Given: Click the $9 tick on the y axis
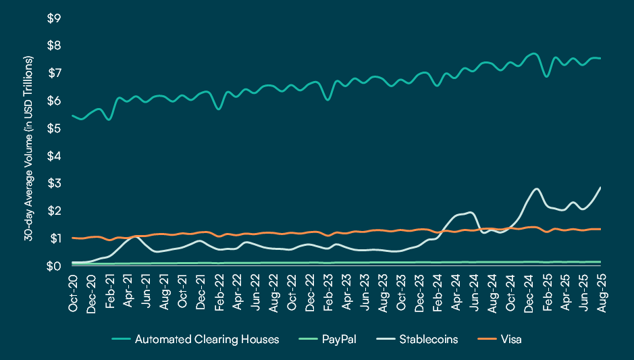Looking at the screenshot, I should point(53,18).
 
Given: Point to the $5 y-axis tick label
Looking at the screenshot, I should point(53,128).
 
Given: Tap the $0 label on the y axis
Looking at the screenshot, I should point(53,266).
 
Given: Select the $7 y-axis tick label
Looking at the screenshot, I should point(53,73).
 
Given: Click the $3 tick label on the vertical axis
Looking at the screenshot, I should point(53,184).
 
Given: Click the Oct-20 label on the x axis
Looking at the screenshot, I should point(72,293).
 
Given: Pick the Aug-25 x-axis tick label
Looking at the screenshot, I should point(600,293).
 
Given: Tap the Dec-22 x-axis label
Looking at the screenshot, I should point(309,293).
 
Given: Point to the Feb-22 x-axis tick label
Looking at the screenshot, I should point(218,293).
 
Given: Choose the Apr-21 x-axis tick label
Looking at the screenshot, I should point(127,293).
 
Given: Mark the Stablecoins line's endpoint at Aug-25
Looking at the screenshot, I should point(600,187).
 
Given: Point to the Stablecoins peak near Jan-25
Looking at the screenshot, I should point(536,188).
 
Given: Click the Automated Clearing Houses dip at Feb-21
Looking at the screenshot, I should point(109,120).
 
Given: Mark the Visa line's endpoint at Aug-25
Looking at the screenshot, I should point(600,229).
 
